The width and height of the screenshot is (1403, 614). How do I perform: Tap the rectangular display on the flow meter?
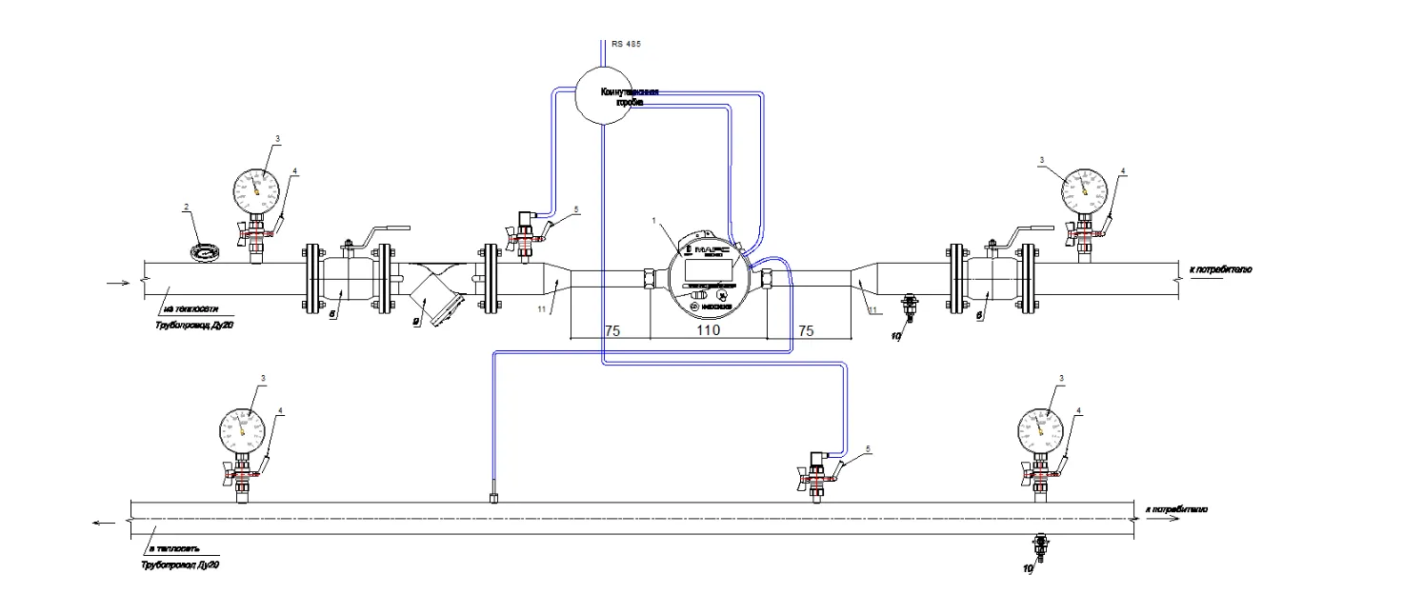(x=708, y=267)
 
